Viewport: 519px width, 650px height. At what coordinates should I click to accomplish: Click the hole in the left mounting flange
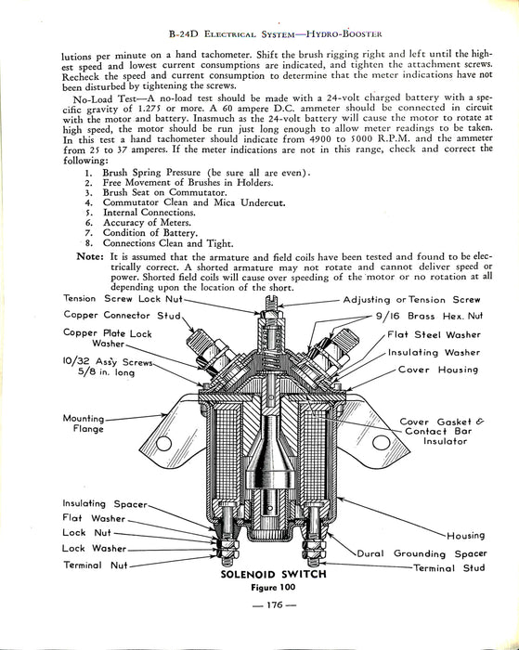tap(163, 444)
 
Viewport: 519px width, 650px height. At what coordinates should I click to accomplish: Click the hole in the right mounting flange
tap(381, 442)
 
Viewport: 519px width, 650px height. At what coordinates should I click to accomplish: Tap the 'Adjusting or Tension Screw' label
tap(411, 300)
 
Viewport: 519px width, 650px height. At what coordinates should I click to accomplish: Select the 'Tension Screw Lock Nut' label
tap(123, 299)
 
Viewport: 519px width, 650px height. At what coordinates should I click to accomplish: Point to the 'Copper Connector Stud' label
tap(123, 316)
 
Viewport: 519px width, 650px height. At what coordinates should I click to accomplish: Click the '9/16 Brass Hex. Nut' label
tap(429, 316)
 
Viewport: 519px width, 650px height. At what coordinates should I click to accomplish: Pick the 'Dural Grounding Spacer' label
tap(422, 553)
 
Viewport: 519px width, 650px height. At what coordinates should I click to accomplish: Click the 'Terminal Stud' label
tap(449, 568)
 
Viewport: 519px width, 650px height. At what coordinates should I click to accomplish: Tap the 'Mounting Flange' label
tap(84, 423)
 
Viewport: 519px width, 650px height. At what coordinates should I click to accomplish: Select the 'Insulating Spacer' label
tap(105, 503)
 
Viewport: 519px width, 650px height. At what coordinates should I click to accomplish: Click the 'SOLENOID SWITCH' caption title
tap(274, 575)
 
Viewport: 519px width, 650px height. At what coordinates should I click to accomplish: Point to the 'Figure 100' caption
tap(273, 588)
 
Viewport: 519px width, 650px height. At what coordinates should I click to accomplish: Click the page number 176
tap(275, 604)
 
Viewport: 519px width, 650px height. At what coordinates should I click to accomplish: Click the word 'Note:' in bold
tap(90, 256)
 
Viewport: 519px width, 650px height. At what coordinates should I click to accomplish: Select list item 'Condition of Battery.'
tap(150, 233)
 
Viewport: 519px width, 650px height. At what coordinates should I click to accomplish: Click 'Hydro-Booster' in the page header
tap(344, 34)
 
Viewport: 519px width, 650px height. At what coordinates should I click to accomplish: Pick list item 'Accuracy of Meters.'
tap(148, 223)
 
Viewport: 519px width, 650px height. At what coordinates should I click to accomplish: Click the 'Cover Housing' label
tap(438, 370)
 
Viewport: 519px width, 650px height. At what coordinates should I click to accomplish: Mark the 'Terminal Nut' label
tap(96, 565)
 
